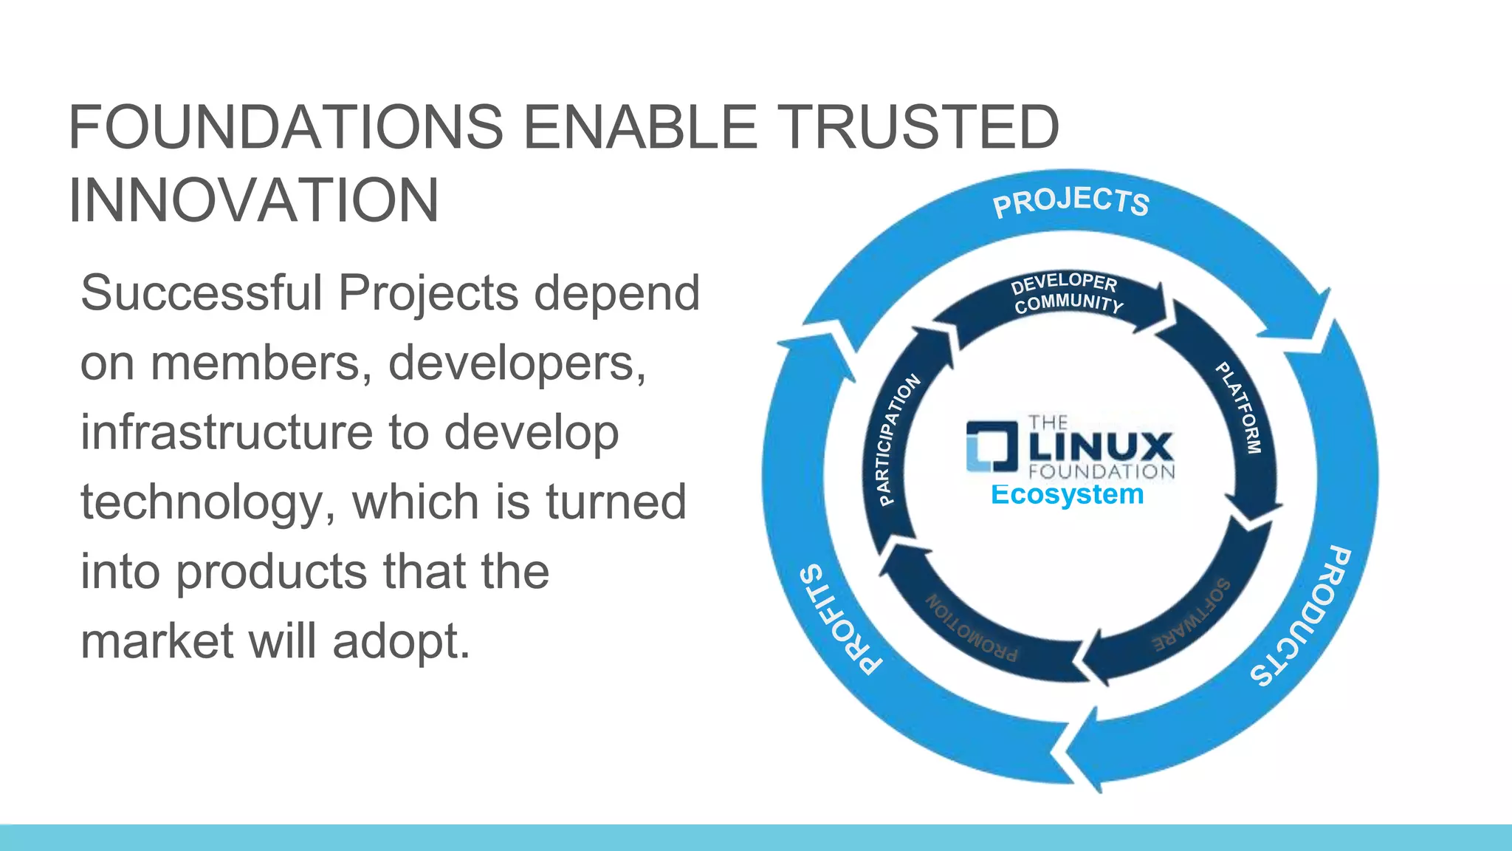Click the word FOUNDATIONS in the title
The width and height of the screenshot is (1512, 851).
click(x=286, y=127)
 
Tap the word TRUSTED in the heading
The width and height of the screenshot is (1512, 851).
click(x=919, y=127)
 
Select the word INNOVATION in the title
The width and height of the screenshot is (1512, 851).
click(x=253, y=200)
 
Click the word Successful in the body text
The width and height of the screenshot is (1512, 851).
click(x=202, y=293)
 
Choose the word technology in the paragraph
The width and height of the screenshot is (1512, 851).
click(x=202, y=502)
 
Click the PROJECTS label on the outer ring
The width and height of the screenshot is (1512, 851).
click(x=1071, y=202)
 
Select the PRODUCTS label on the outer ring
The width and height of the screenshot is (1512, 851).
click(x=1302, y=616)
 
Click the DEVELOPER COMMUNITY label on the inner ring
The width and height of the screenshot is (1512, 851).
click(x=1066, y=293)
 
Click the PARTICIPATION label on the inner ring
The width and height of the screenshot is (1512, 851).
click(x=898, y=440)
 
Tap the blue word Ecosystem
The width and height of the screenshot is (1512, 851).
click(x=1067, y=494)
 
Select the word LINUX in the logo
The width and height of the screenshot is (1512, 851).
click(x=1101, y=446)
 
